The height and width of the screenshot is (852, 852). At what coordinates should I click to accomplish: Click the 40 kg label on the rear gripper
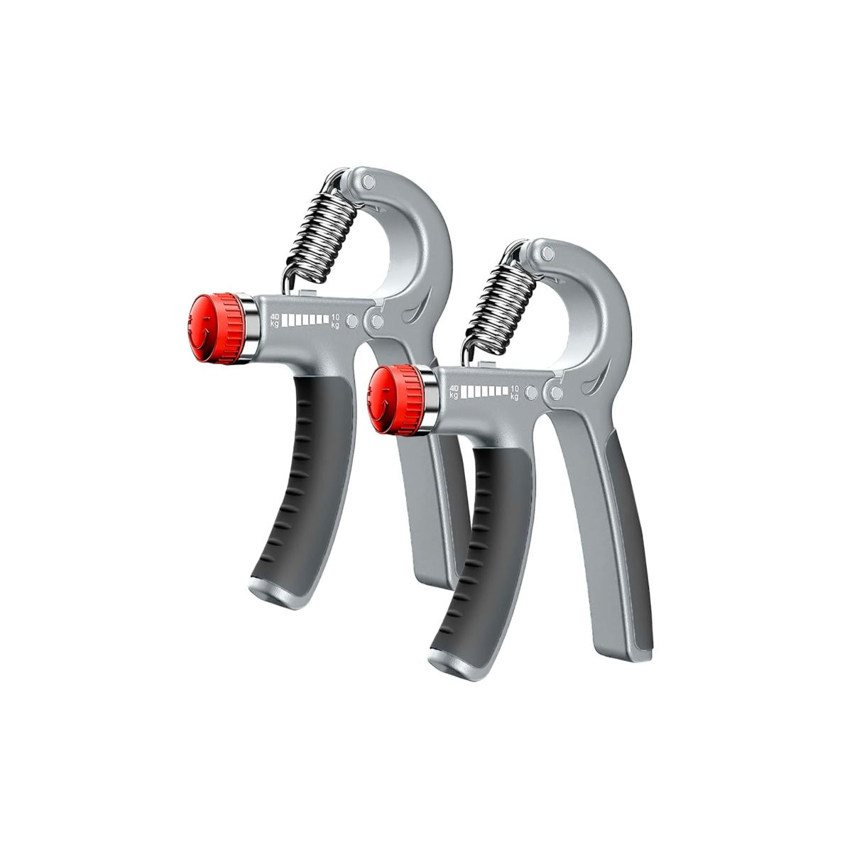click(x=274, y=319)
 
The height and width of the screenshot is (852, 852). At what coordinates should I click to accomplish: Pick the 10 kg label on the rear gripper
click(x=335, y=322)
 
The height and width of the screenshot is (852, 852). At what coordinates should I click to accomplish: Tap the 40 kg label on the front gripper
click(x=455, y=390)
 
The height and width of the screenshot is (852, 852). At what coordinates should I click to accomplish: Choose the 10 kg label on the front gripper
click(x=515, y=392)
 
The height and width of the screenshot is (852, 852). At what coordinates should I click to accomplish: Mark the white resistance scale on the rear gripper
click(x=305, y=320)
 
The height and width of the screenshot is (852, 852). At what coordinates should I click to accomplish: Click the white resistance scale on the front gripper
click(x=486, y=390)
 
